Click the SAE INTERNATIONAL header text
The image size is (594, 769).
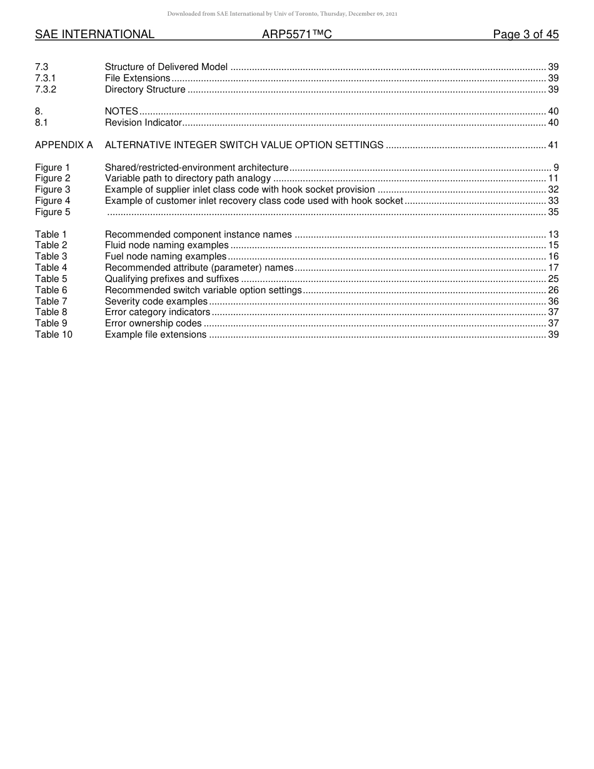(94, 34)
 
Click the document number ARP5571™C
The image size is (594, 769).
(296, 34)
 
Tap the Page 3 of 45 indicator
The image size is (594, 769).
(525, 34)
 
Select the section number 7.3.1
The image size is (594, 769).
(46, 78)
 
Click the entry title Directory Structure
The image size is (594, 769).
(145, 89)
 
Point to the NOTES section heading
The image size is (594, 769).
(121, 111)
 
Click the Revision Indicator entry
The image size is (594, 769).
(143, 123)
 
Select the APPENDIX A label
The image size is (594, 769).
(64, 145)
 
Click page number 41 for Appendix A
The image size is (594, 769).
(553, 145)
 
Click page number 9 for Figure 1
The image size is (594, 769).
(556, 168)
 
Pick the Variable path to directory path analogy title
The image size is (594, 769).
(188, 178)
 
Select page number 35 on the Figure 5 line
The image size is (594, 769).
(553, 212)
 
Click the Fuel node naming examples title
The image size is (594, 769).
(166, 256)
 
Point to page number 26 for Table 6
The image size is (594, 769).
(553, 290)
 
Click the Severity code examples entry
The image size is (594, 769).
(156, 301)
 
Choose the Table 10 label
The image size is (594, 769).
(54, 334)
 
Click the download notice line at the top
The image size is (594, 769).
(282, 14)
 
